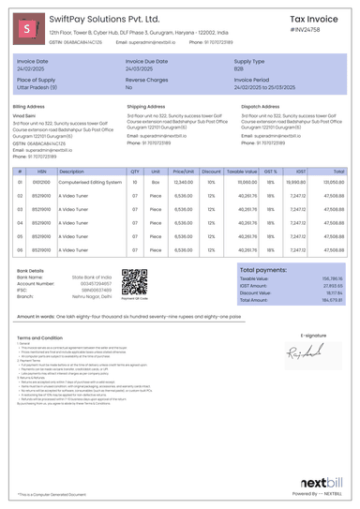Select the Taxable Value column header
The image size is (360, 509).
[242, 172]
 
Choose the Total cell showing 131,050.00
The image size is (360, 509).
[333, 184]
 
